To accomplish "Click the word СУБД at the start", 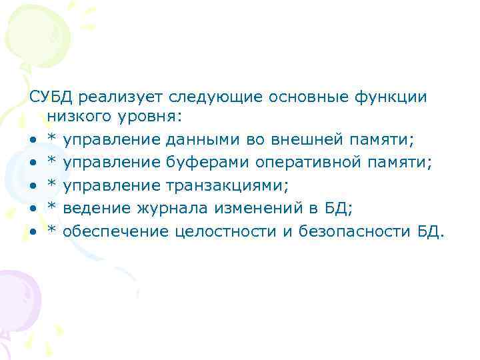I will point(51,97).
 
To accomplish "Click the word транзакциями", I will point(224,187).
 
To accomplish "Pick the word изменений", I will point(253,209).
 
